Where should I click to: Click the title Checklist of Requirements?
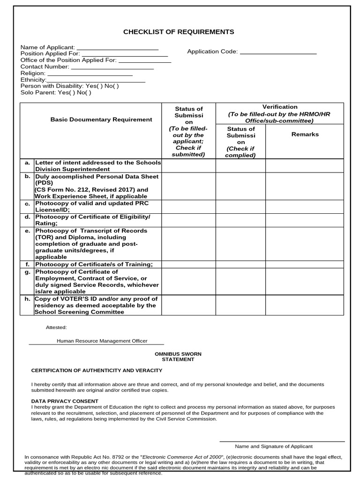tap(179, 32)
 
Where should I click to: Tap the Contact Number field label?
tap(45, 67)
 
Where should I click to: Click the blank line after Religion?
tap(90, 74)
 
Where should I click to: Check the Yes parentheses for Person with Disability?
tap(100, 86)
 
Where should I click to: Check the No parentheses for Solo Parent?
tap(88, 93)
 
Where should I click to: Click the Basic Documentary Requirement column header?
tap(101, 120)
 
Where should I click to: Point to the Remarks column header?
tap(305, 134)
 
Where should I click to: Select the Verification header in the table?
tap(279, 107)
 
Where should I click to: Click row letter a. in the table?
tap(27, 163)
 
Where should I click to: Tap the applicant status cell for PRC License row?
tap(188, 207)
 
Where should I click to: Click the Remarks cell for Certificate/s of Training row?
tap(305, 264)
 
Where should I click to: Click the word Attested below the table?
tap(56, 327)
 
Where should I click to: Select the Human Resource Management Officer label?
tap(102, 341)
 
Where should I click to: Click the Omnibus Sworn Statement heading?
tap(178, 356)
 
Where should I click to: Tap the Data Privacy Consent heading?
tap(65, 401)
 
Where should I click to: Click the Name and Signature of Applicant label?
tap(273, 446)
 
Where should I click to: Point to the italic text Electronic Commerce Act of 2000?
tap(182, 457)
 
